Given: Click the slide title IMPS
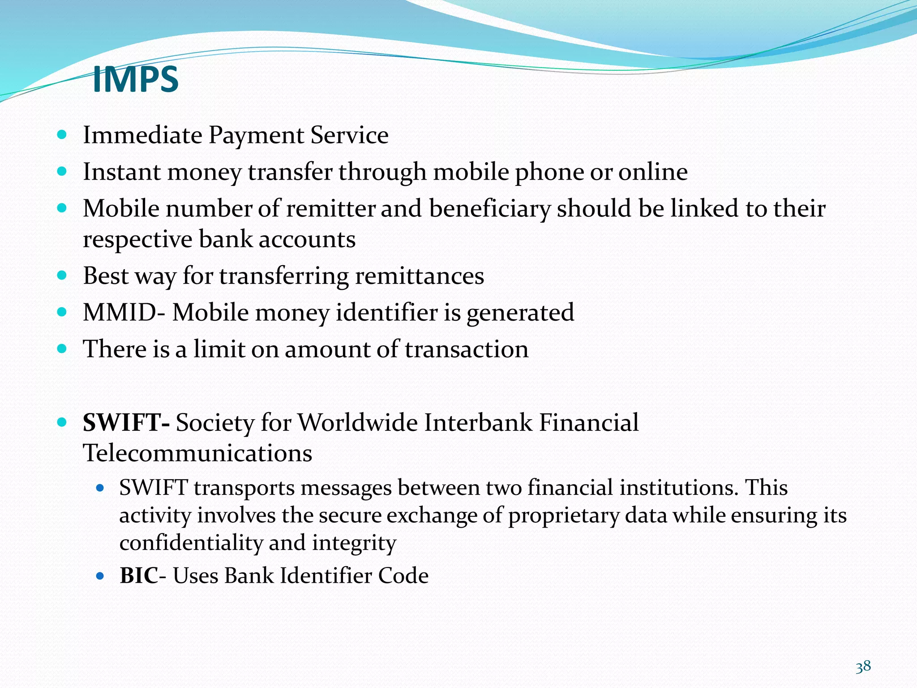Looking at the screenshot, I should point(135,79).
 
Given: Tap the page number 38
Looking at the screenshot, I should point(863,666).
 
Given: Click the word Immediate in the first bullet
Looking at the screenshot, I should point(142,135).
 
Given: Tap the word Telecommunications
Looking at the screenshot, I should point(197,453).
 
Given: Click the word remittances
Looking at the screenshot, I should point(420,276).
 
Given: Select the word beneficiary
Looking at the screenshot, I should point(489,209).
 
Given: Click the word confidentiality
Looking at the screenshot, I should point(191,543).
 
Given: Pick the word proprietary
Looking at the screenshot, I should point(564,516).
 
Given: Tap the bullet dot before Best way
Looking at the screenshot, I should point(62,275).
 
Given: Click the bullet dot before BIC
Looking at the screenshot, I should point(100,576).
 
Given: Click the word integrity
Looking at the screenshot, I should point(354,543).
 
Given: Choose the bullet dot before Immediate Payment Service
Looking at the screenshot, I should point(62,134).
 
